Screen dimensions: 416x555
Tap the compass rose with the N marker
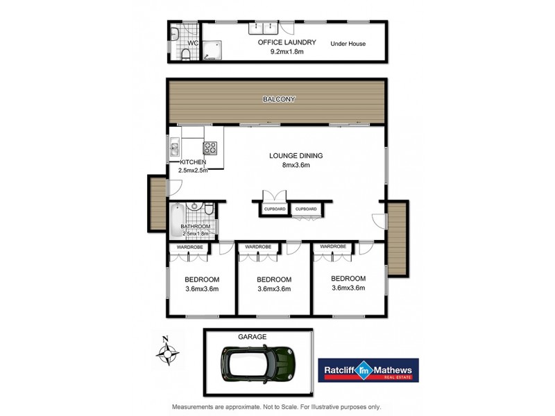click(x=166, y=352)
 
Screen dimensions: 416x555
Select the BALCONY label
click(x=279, y=99)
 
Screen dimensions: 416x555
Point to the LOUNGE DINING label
click(x=296, y=155)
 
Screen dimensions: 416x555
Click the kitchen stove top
click(x=210, y=147)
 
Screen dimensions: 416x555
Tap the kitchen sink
click(x=174, y=147)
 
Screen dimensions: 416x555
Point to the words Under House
click(x=348, y=44)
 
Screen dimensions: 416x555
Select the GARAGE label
click(x=253, y=336)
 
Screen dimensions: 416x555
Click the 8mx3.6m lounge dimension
click(x=296, y=165)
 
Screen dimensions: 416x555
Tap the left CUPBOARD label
click(x=275, y=209)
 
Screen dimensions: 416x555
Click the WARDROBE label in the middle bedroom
click(x=258, y=247)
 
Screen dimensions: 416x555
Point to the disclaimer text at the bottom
click(x=277, y=406)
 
